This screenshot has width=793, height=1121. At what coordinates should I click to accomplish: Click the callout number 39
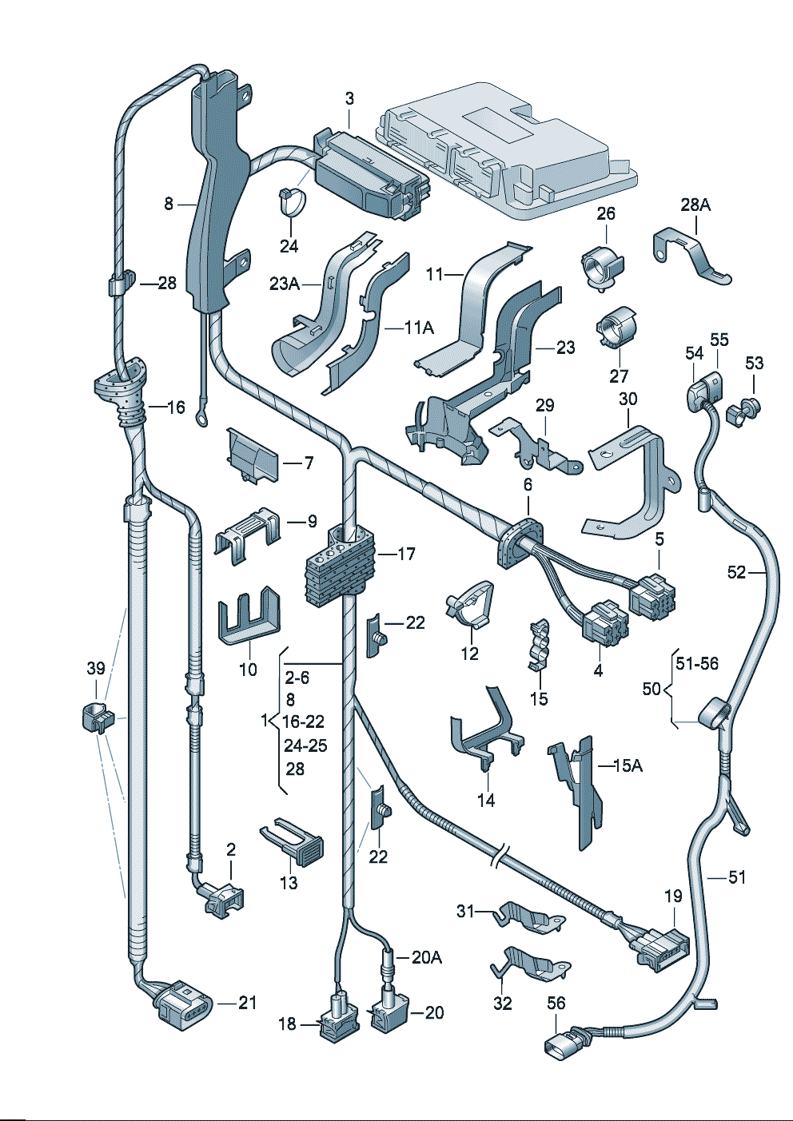click(96, 668)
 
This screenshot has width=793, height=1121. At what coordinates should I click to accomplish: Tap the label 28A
click(695, 205)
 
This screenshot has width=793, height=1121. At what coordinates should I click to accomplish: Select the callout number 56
click(556, 1003)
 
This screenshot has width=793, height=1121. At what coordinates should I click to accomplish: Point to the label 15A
click(628, 765)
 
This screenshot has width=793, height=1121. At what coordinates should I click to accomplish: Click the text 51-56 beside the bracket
click(697, 663)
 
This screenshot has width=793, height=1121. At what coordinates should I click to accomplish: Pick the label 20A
click(427, 956)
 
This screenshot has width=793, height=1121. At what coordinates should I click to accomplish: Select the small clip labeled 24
click(291, 199)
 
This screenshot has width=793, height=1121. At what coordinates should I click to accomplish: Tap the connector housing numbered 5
click(652, 595)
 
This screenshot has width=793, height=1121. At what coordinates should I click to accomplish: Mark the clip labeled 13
click(297, 841)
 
